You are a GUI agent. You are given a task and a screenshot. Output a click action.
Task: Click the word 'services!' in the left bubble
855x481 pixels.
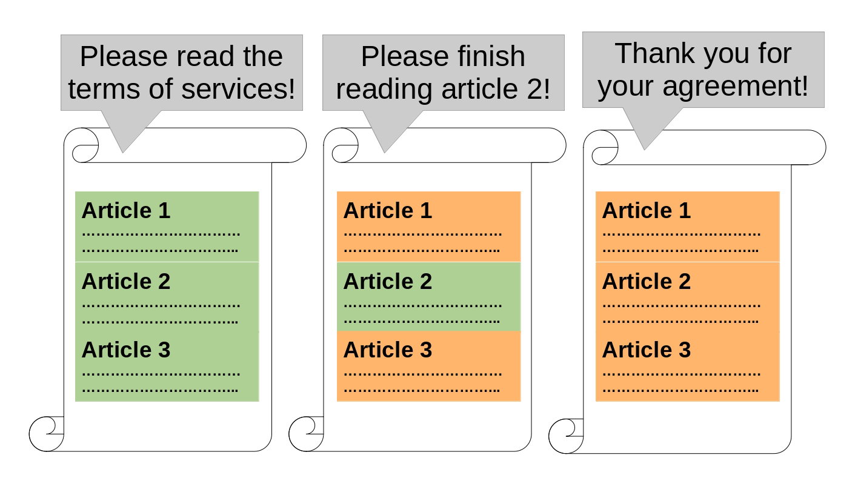click(x=238, y=89)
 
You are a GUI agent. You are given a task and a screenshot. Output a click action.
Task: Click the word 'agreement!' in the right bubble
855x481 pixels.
click(x=735, y=86)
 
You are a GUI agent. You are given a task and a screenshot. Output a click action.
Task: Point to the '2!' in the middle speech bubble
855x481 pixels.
click(x=539, y=89)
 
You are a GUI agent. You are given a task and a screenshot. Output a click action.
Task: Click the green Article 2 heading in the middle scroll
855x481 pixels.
click(x=387, y=281)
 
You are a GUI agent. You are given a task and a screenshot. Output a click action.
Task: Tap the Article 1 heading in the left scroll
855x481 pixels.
click(x=126, y=210)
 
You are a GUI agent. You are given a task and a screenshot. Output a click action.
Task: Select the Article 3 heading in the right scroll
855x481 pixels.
click(x=646, y=350)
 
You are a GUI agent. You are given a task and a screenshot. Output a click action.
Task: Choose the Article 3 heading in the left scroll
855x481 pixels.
click(x=126, y=350)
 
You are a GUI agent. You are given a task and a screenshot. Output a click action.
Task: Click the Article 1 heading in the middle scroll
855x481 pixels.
click(x=387, y=210)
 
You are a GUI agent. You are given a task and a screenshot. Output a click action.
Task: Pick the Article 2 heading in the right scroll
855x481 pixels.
click(x=646, y=281)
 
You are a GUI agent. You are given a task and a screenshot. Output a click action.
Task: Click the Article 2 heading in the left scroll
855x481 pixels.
click(x=126, y=281)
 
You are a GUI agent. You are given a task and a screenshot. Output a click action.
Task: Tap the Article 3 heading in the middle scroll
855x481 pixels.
click(x=387, y=350)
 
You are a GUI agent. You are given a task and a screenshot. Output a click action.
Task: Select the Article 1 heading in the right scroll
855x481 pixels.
click(x=646, y=210)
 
